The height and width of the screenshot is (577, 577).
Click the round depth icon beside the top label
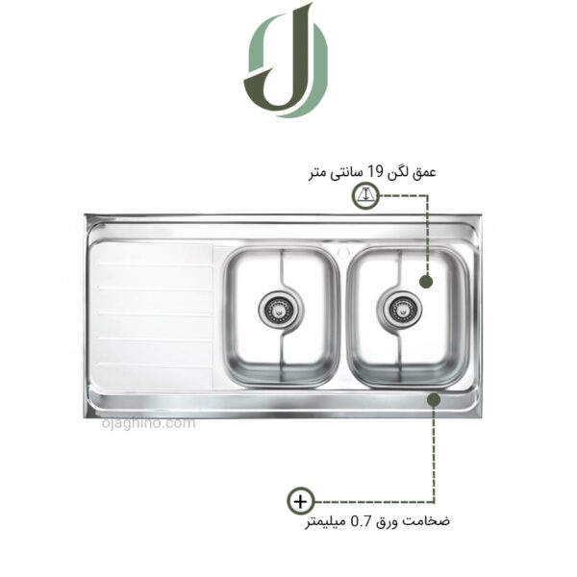pyautogui.click(x=364, y=196)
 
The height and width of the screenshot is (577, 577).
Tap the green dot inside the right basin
pyautogui.click(x=425, y=281)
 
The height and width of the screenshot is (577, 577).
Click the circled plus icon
pyautogui.click(x=301, y=501)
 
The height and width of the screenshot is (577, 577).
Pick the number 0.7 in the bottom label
pyautogui.click(x=360, y=522)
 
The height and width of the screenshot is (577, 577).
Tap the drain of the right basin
pyautogui.click(x=400, y=308)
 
